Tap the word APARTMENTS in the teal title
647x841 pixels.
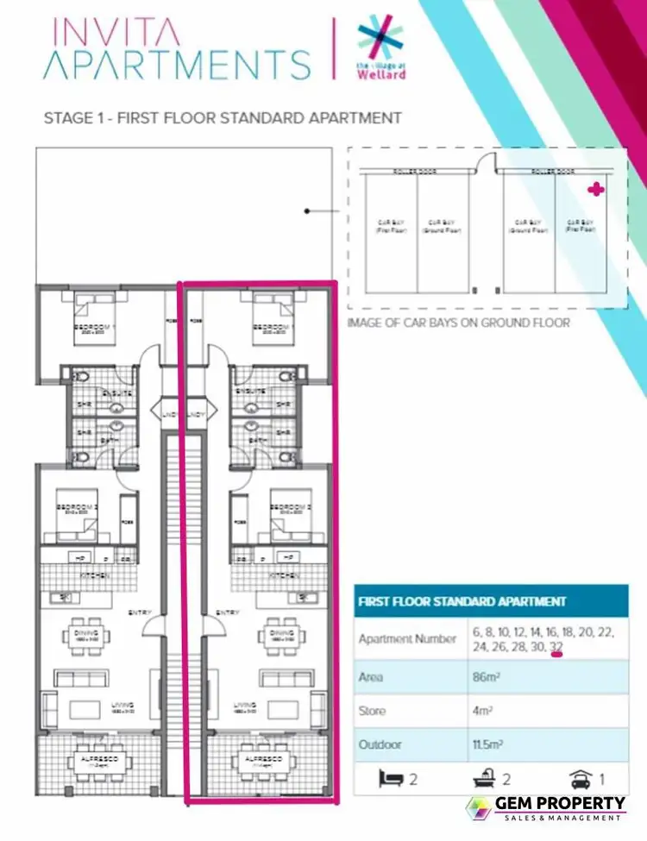[x=177, y=66]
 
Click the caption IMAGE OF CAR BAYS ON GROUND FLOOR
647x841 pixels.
[x=458, y=323]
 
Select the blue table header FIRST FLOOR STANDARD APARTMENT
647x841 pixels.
[x=462, y=601]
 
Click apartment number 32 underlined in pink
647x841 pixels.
[x=556, y=647]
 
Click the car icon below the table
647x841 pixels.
[x=581, y=779]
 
